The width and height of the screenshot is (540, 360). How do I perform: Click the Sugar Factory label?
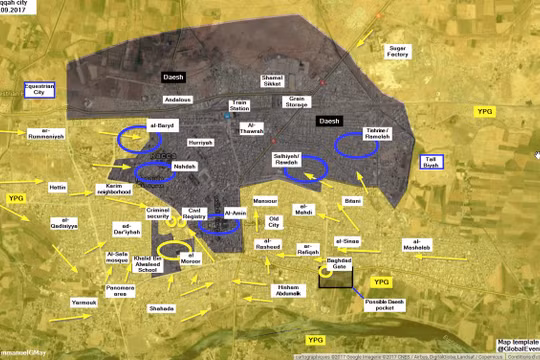[x=396, y=53]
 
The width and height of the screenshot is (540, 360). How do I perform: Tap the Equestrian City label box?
[x=40, y=90]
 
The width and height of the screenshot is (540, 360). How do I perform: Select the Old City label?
[x=275, y=221]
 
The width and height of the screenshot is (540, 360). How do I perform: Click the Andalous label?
[x=178, y=100]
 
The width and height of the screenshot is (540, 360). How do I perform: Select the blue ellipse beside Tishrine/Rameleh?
[x=355, y=146]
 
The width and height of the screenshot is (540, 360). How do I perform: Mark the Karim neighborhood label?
[x=124, y=189]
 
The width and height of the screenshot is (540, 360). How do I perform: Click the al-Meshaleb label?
[x=416, y=247]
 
